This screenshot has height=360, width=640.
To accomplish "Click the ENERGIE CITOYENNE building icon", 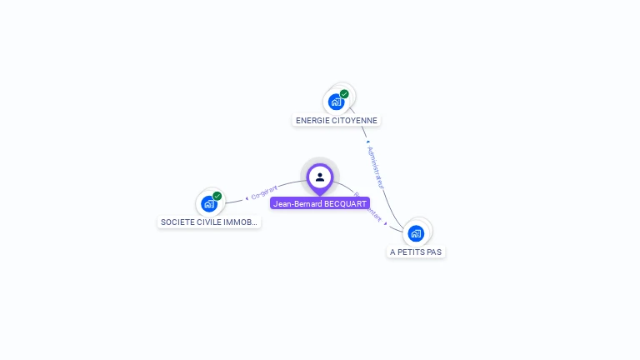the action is [x=336, y=102].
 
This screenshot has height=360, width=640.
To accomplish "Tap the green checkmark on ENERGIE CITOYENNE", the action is [x=344, y=94].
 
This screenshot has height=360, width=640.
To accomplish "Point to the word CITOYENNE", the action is [x=355, y=121].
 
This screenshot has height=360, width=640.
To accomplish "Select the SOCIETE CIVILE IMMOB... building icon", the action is [x=209, y=204].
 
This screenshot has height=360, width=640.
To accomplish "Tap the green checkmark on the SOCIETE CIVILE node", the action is [x=217, y=196].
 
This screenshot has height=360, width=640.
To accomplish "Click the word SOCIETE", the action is [x=176, y=222].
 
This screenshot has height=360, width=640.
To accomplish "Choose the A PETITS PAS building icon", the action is [x=416, y=233].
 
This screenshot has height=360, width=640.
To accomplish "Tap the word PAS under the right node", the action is [x=433, y=252].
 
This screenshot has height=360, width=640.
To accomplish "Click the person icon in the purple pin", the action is [x=320, y=177].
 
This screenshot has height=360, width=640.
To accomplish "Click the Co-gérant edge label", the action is [x=264, y=192].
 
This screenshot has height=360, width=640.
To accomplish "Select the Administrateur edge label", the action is [x=377, y=166].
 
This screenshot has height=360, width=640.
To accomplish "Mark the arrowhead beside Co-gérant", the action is [x=247, y=197].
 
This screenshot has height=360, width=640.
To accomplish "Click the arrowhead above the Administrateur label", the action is [x=367, y=142].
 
